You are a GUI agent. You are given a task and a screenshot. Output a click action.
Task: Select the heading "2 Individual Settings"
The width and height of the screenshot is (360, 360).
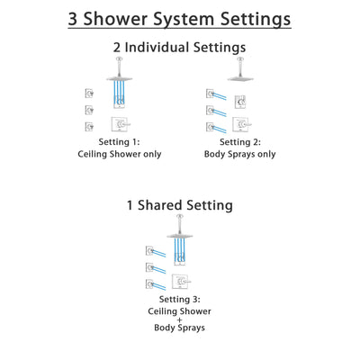[179, 48]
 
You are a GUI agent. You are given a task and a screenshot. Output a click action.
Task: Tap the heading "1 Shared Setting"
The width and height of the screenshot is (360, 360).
[179, 205]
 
